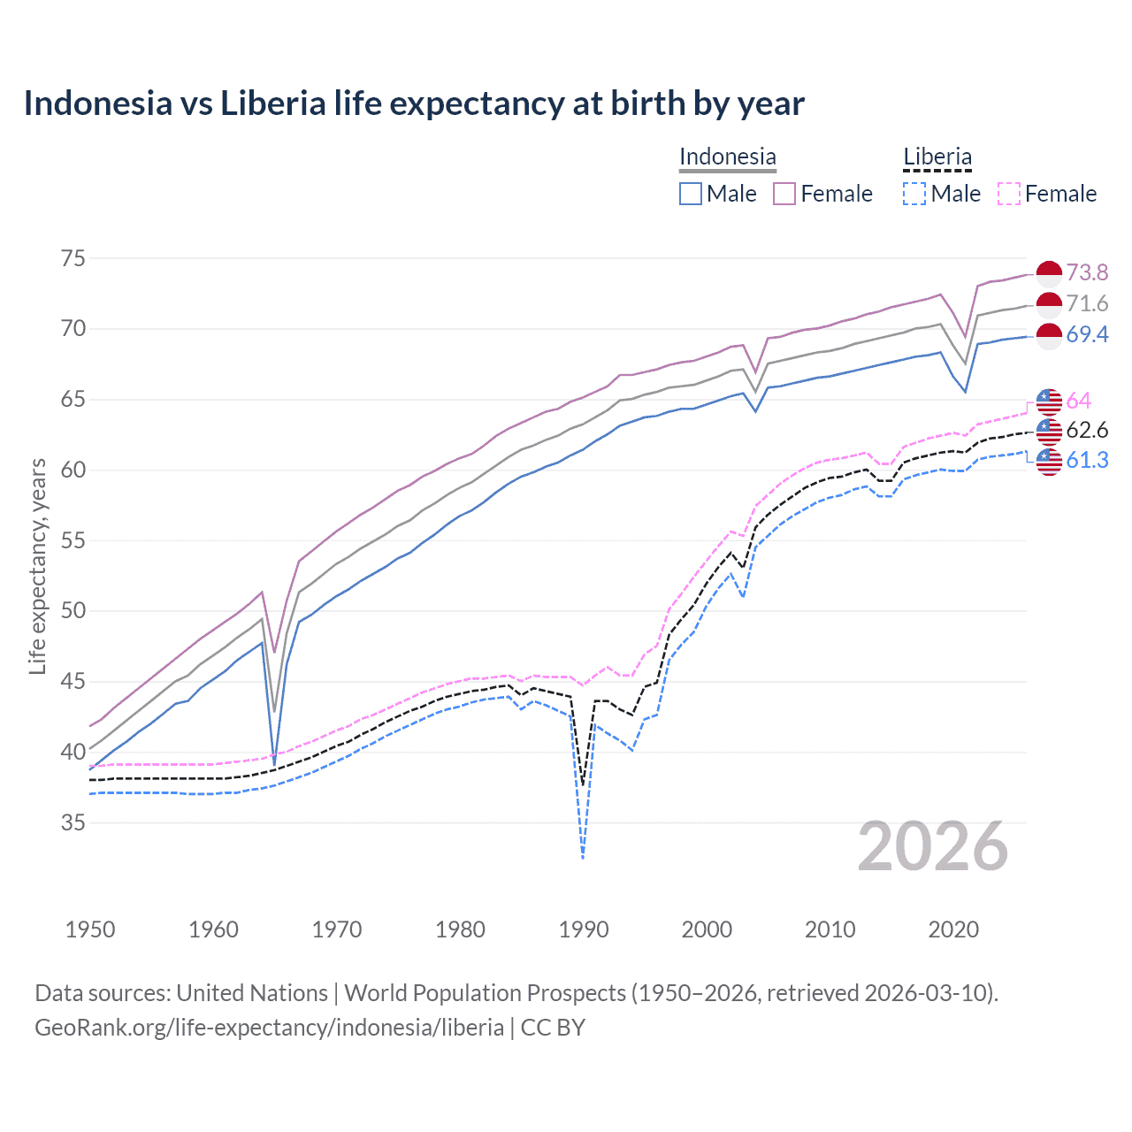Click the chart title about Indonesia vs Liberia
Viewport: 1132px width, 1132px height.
414,103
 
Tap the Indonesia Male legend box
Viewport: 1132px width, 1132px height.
691,194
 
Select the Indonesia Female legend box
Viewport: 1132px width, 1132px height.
784,194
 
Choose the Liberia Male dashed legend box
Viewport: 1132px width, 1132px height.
914,194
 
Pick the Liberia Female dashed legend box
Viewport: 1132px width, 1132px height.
1009,194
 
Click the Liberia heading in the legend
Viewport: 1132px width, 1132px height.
937,157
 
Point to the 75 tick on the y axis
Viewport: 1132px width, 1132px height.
73,258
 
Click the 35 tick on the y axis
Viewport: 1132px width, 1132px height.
73,822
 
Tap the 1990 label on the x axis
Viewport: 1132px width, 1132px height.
584,929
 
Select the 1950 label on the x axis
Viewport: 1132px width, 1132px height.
90,929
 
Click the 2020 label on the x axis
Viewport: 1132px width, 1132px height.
953,929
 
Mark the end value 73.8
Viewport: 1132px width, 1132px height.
1087,272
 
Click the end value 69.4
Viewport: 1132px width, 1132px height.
1087,334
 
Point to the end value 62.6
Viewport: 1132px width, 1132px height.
1087,431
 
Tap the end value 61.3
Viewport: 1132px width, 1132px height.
1087,460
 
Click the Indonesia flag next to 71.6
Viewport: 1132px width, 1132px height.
1049,305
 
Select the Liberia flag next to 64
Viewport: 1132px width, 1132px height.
1049,402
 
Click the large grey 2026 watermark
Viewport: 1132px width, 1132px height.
933,846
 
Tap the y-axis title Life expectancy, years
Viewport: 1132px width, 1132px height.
38,566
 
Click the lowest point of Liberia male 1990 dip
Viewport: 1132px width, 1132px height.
583,858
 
